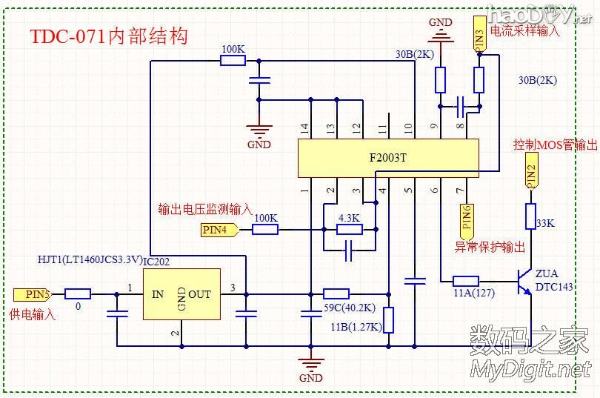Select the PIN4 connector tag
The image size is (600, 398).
click(219, 230)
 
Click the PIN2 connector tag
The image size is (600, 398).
click(531, 171)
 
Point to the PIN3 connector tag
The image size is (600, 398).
click(479, 37)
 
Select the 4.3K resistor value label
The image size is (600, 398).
click(348, 219)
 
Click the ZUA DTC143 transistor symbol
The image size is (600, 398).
click(526, 282)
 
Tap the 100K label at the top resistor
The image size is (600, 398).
click(233, 49)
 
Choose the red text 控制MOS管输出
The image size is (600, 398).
click(555, 145)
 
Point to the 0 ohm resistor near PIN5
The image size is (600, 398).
click(78, 294)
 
